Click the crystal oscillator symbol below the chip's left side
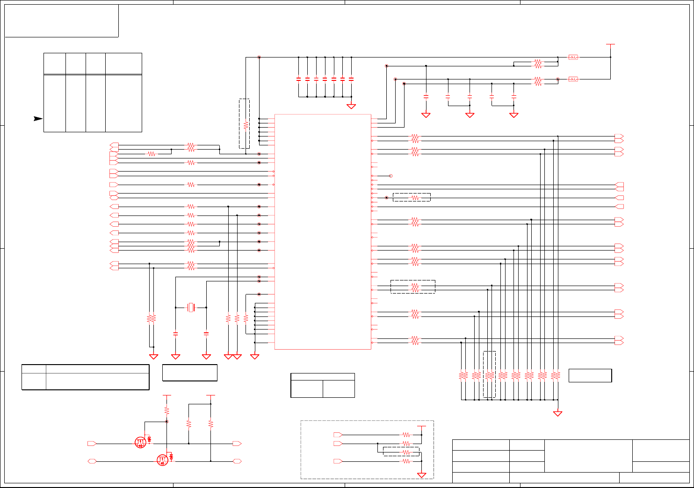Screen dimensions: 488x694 click(191, 307)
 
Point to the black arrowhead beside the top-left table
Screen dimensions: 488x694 click(38, 118)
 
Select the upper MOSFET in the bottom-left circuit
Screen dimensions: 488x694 click(140, 442)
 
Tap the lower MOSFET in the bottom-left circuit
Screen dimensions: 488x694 click(162, 460)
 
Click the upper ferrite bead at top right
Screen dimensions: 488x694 click(573, 57)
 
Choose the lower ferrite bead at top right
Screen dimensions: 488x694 click(573, 79)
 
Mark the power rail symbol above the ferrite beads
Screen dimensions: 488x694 click(610, 44)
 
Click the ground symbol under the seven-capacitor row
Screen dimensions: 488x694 click(351, 106)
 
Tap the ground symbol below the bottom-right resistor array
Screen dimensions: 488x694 click(557, 413)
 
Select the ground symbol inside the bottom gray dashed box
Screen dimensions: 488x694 click(421, 475)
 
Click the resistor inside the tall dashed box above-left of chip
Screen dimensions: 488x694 click(246, 125)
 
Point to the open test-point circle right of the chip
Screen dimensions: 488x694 click(391, 176)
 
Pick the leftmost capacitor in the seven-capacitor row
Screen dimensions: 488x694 click(298, 79)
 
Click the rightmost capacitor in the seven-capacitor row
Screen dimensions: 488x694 click(351, 79)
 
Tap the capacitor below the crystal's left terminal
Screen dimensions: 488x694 click(175, 333)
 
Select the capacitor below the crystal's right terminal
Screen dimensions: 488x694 click(206, 333)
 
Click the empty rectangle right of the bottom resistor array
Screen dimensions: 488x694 click(590, 375)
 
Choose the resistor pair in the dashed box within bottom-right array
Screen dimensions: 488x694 click(489, 375)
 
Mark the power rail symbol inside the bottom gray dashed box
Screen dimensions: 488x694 click(421, 426)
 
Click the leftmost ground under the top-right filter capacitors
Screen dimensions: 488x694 click(426, 115)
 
